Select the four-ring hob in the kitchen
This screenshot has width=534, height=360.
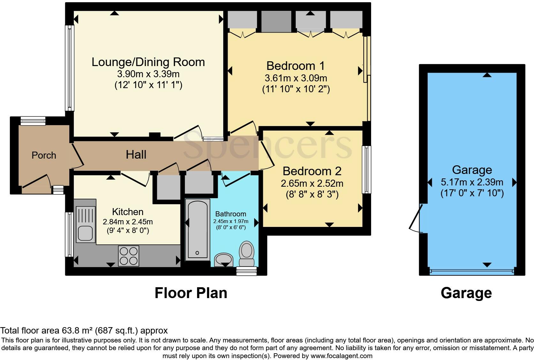129,256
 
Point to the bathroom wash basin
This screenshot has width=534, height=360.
224,259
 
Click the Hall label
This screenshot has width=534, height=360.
136,155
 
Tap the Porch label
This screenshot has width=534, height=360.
44,155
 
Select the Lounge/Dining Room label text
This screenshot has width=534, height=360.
148,62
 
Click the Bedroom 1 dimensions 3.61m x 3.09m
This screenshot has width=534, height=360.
296,78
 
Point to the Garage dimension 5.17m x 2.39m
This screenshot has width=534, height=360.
472,182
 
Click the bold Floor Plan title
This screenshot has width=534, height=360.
191,293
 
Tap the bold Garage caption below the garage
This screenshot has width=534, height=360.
466,293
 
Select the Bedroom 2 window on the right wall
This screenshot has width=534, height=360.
367,169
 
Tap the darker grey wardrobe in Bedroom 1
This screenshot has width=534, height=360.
276,21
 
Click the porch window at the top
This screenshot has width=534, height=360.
33,121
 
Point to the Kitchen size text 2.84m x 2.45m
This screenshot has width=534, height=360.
127,222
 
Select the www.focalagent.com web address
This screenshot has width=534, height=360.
341,356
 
